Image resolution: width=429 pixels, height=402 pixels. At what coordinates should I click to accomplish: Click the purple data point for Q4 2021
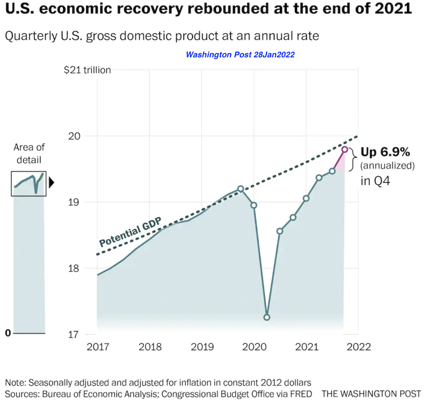click(345, 149)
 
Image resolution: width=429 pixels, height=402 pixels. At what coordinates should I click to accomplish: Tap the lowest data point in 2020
click(267, 317)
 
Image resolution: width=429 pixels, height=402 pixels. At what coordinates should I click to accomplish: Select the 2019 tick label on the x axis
click(202, 347)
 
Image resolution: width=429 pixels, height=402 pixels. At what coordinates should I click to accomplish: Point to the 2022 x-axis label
click(359, 347)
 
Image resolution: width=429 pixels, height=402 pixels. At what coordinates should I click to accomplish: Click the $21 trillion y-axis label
click(87, 70)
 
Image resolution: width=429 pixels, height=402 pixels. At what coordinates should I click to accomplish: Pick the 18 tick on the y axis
click(74, 268)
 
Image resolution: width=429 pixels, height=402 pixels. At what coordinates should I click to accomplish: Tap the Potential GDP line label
click(130, 232)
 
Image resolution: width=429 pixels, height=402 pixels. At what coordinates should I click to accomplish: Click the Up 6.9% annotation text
click(385, 152)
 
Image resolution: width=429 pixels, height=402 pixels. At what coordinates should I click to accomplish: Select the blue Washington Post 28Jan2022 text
click(240, 54)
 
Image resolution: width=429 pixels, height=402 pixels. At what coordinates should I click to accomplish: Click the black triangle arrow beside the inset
click(51, 183)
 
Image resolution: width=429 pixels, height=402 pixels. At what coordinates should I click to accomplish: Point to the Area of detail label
click(29, 153)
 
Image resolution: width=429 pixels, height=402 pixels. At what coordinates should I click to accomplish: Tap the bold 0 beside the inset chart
click(8, 333)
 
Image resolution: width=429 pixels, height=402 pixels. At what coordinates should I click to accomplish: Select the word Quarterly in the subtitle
click(31, 36)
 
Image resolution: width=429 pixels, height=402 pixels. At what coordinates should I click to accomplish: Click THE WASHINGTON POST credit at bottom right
click(371, 394)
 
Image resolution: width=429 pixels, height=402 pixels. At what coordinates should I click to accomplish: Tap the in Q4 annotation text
click(375, 181)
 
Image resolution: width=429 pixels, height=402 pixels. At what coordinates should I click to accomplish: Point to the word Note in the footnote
click(15, 383)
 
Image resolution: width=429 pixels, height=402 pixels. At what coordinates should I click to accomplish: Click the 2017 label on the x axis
click(98, 347)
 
